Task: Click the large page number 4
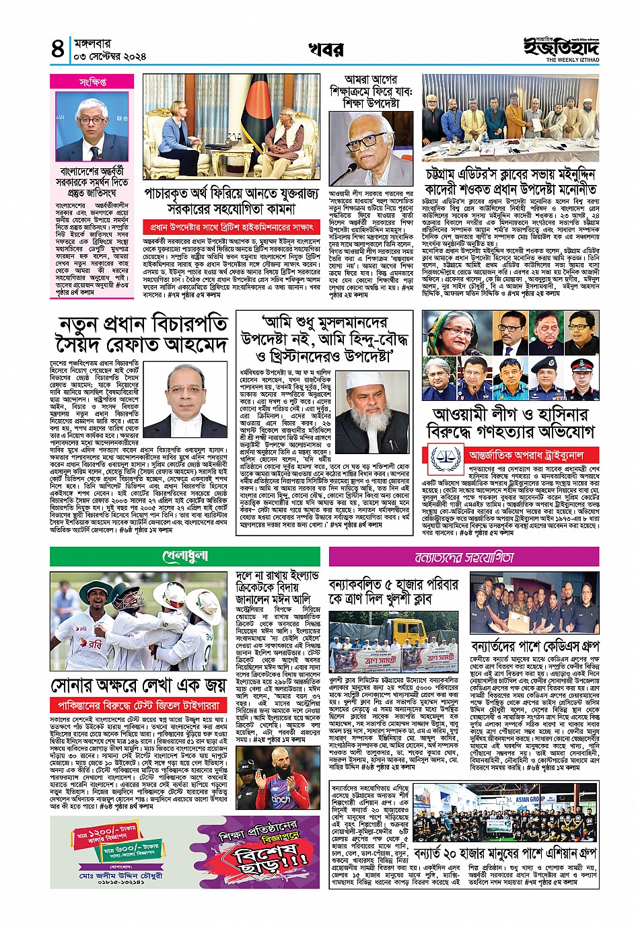(58, 50)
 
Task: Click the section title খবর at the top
(326, 50)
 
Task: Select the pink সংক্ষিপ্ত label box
(92, 82)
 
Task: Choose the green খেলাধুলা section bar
(185, 556)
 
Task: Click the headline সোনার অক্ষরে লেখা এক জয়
(138, 686)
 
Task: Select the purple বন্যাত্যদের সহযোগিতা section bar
(464, 557)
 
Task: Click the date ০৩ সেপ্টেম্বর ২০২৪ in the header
(110, 57)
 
